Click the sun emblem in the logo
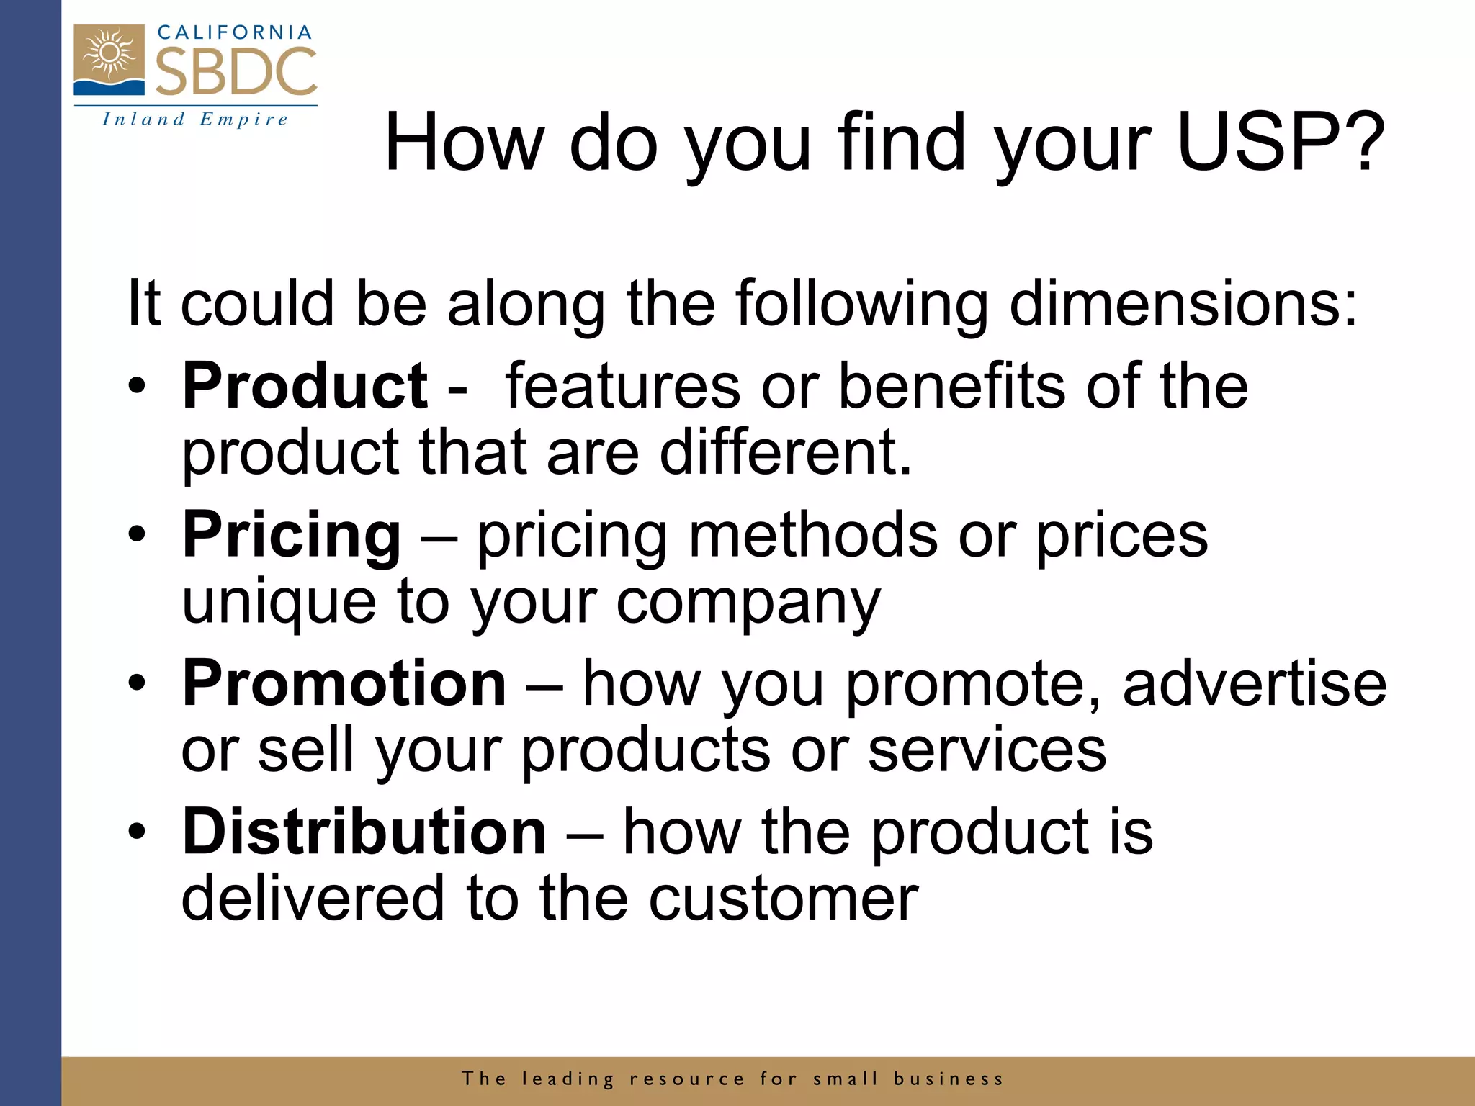(x=109, y=54)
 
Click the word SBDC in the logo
(x=236, y=72)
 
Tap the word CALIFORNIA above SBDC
(x=235, y=32)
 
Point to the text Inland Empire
(x=195, y=119)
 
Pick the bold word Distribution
(x=364, y=832)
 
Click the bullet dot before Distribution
(x=137, y=832)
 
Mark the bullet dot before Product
(x=137, y=387)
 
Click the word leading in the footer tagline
(x=568, y=1079)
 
